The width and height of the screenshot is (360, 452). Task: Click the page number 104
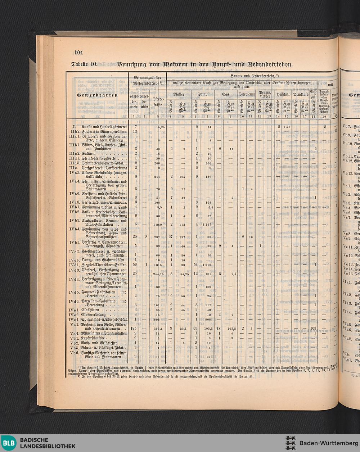point(78,53)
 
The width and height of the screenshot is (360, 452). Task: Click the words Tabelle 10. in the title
point(85,65)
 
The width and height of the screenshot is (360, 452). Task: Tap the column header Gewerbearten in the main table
point(97,95)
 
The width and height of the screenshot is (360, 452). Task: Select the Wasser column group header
point(179,94)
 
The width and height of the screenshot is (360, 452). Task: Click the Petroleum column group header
point(247,94)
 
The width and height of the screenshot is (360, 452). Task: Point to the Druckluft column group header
point(300,94)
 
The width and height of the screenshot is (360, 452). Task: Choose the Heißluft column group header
point(283,94)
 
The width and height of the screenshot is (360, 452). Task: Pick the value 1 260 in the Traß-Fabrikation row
point(157,225)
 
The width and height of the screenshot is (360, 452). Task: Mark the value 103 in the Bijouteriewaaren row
point(313,329)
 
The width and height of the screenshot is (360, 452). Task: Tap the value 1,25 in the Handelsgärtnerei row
point(287,127)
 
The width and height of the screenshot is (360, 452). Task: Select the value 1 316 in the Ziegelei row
point(158,265)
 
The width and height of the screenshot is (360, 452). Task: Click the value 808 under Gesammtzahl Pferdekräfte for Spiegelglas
point(157,319)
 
